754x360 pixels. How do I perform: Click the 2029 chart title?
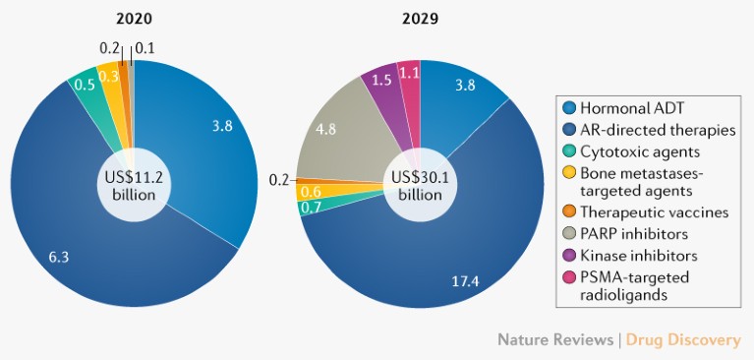point(420,18)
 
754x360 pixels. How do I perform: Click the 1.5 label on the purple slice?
point(379,80)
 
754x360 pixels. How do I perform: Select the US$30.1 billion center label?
point(420,185)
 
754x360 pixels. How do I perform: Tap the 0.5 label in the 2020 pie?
point(85,85)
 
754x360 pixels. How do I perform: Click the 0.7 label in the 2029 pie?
point(313,208)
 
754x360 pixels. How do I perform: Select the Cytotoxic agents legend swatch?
point(568,151)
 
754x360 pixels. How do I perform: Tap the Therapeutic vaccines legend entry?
point(654,212)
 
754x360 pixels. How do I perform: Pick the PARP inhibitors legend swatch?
point(568,233)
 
